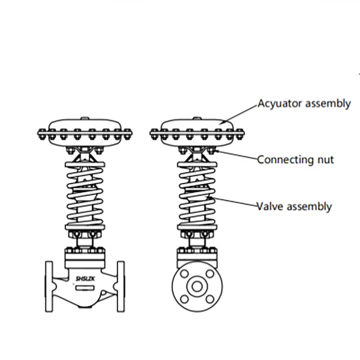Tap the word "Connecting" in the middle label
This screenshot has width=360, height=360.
click(x=286, y=160)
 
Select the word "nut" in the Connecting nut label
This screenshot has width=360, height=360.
click(x=325, y=160)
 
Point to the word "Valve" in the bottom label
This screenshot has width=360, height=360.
click(x=269, y=206)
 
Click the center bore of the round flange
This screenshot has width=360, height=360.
click(x=196, y=286)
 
